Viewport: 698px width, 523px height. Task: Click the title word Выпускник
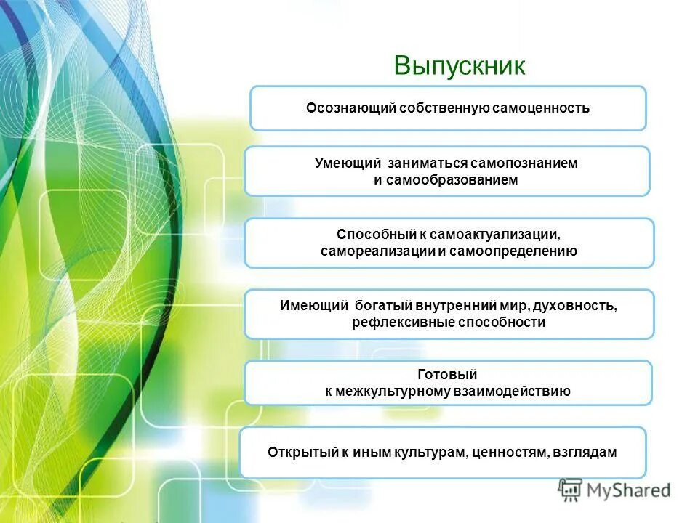[x=459, y=65]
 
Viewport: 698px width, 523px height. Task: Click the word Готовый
[x=447, y=375]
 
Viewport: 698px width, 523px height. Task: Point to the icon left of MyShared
[x=570, y=491]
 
